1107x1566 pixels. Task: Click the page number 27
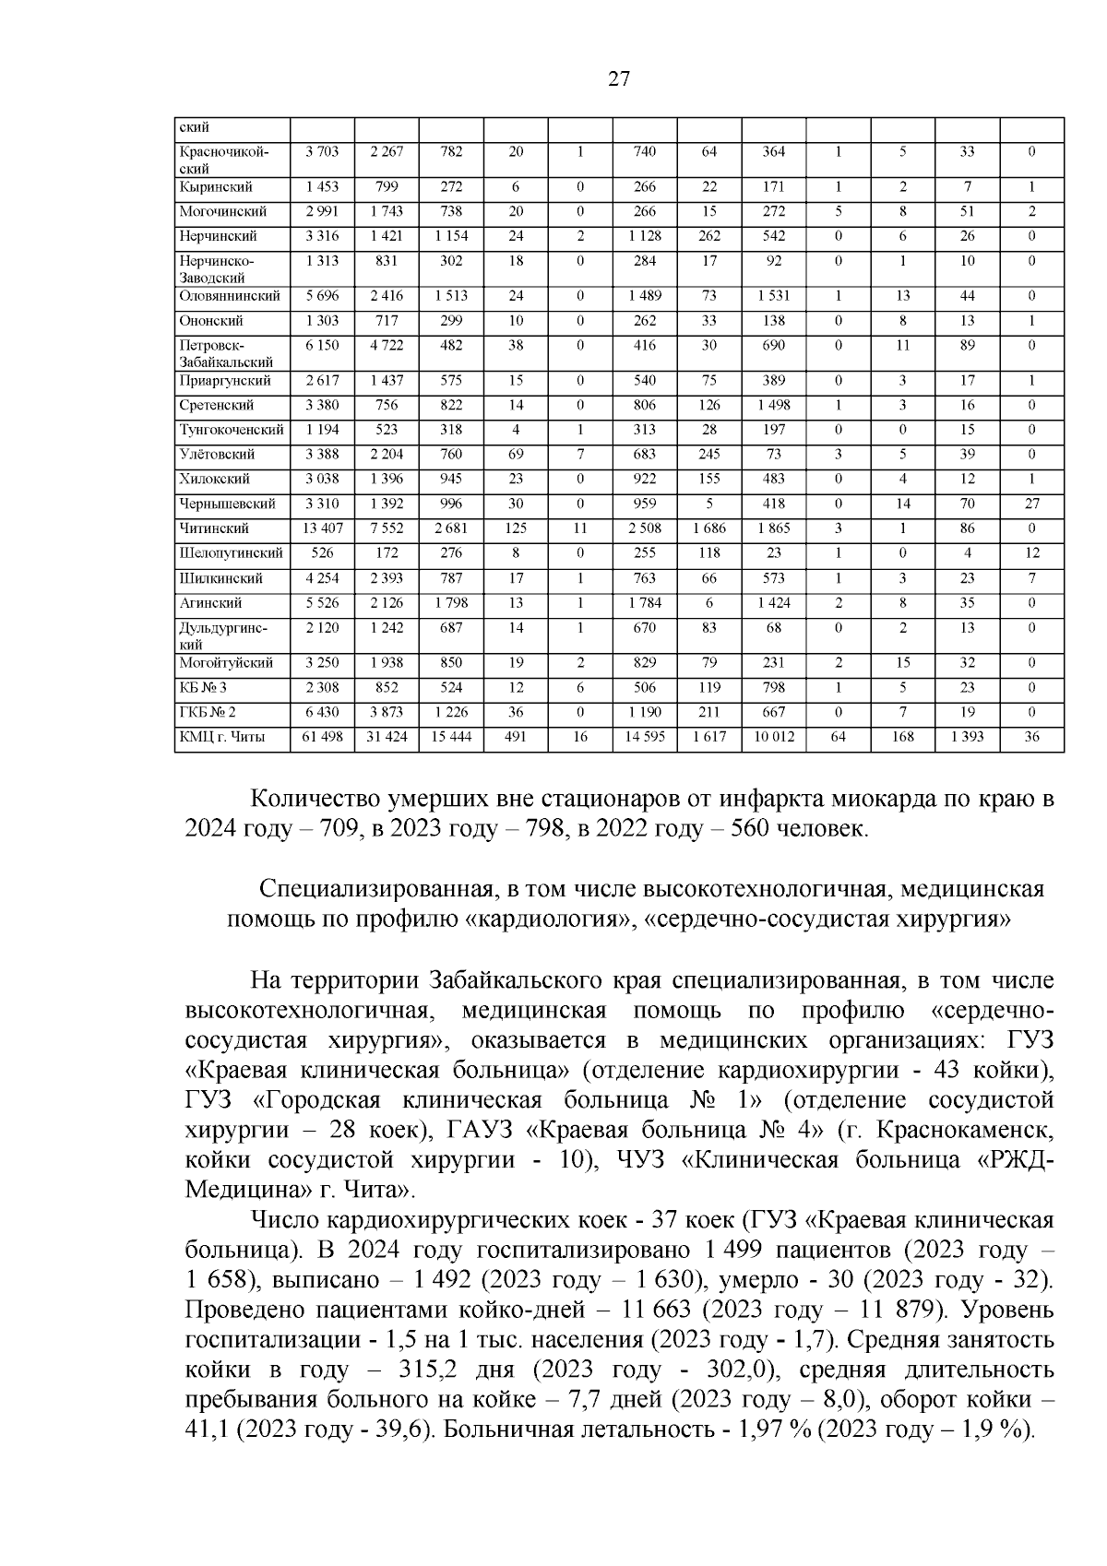(x=619, y=79)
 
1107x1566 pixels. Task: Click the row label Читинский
(x=214, y=528)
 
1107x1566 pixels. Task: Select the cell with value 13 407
(x=322, y=528)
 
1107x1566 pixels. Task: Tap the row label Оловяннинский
(x=229, y=296)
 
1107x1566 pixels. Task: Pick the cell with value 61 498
(x=322, y=737)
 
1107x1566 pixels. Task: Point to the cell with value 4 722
(x=387, y=345)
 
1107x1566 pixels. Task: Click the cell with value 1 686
(x=708, y=528)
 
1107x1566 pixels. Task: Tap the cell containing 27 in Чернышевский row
(x=1031, y=504)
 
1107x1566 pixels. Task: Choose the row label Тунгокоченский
(x=231, y=430)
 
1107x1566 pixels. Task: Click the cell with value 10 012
(x=773, y=737)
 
